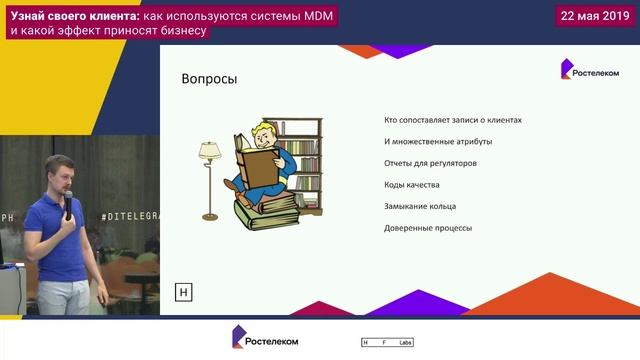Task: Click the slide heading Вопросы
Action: tap(208, 80)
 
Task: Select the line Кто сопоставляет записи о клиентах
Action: tap(453, 120)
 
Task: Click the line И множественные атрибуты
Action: tap(437, 142)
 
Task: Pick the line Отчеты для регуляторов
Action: tap(430, 163)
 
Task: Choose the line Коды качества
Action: tap(411, 185)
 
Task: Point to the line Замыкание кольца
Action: tap(419, 206)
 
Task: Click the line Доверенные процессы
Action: tap(427, 228)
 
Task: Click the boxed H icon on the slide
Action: tap(183, 292)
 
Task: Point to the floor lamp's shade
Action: tap(209, 149)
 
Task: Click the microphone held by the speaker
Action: tap(68, 205)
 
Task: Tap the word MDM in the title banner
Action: tap(312, 13)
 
